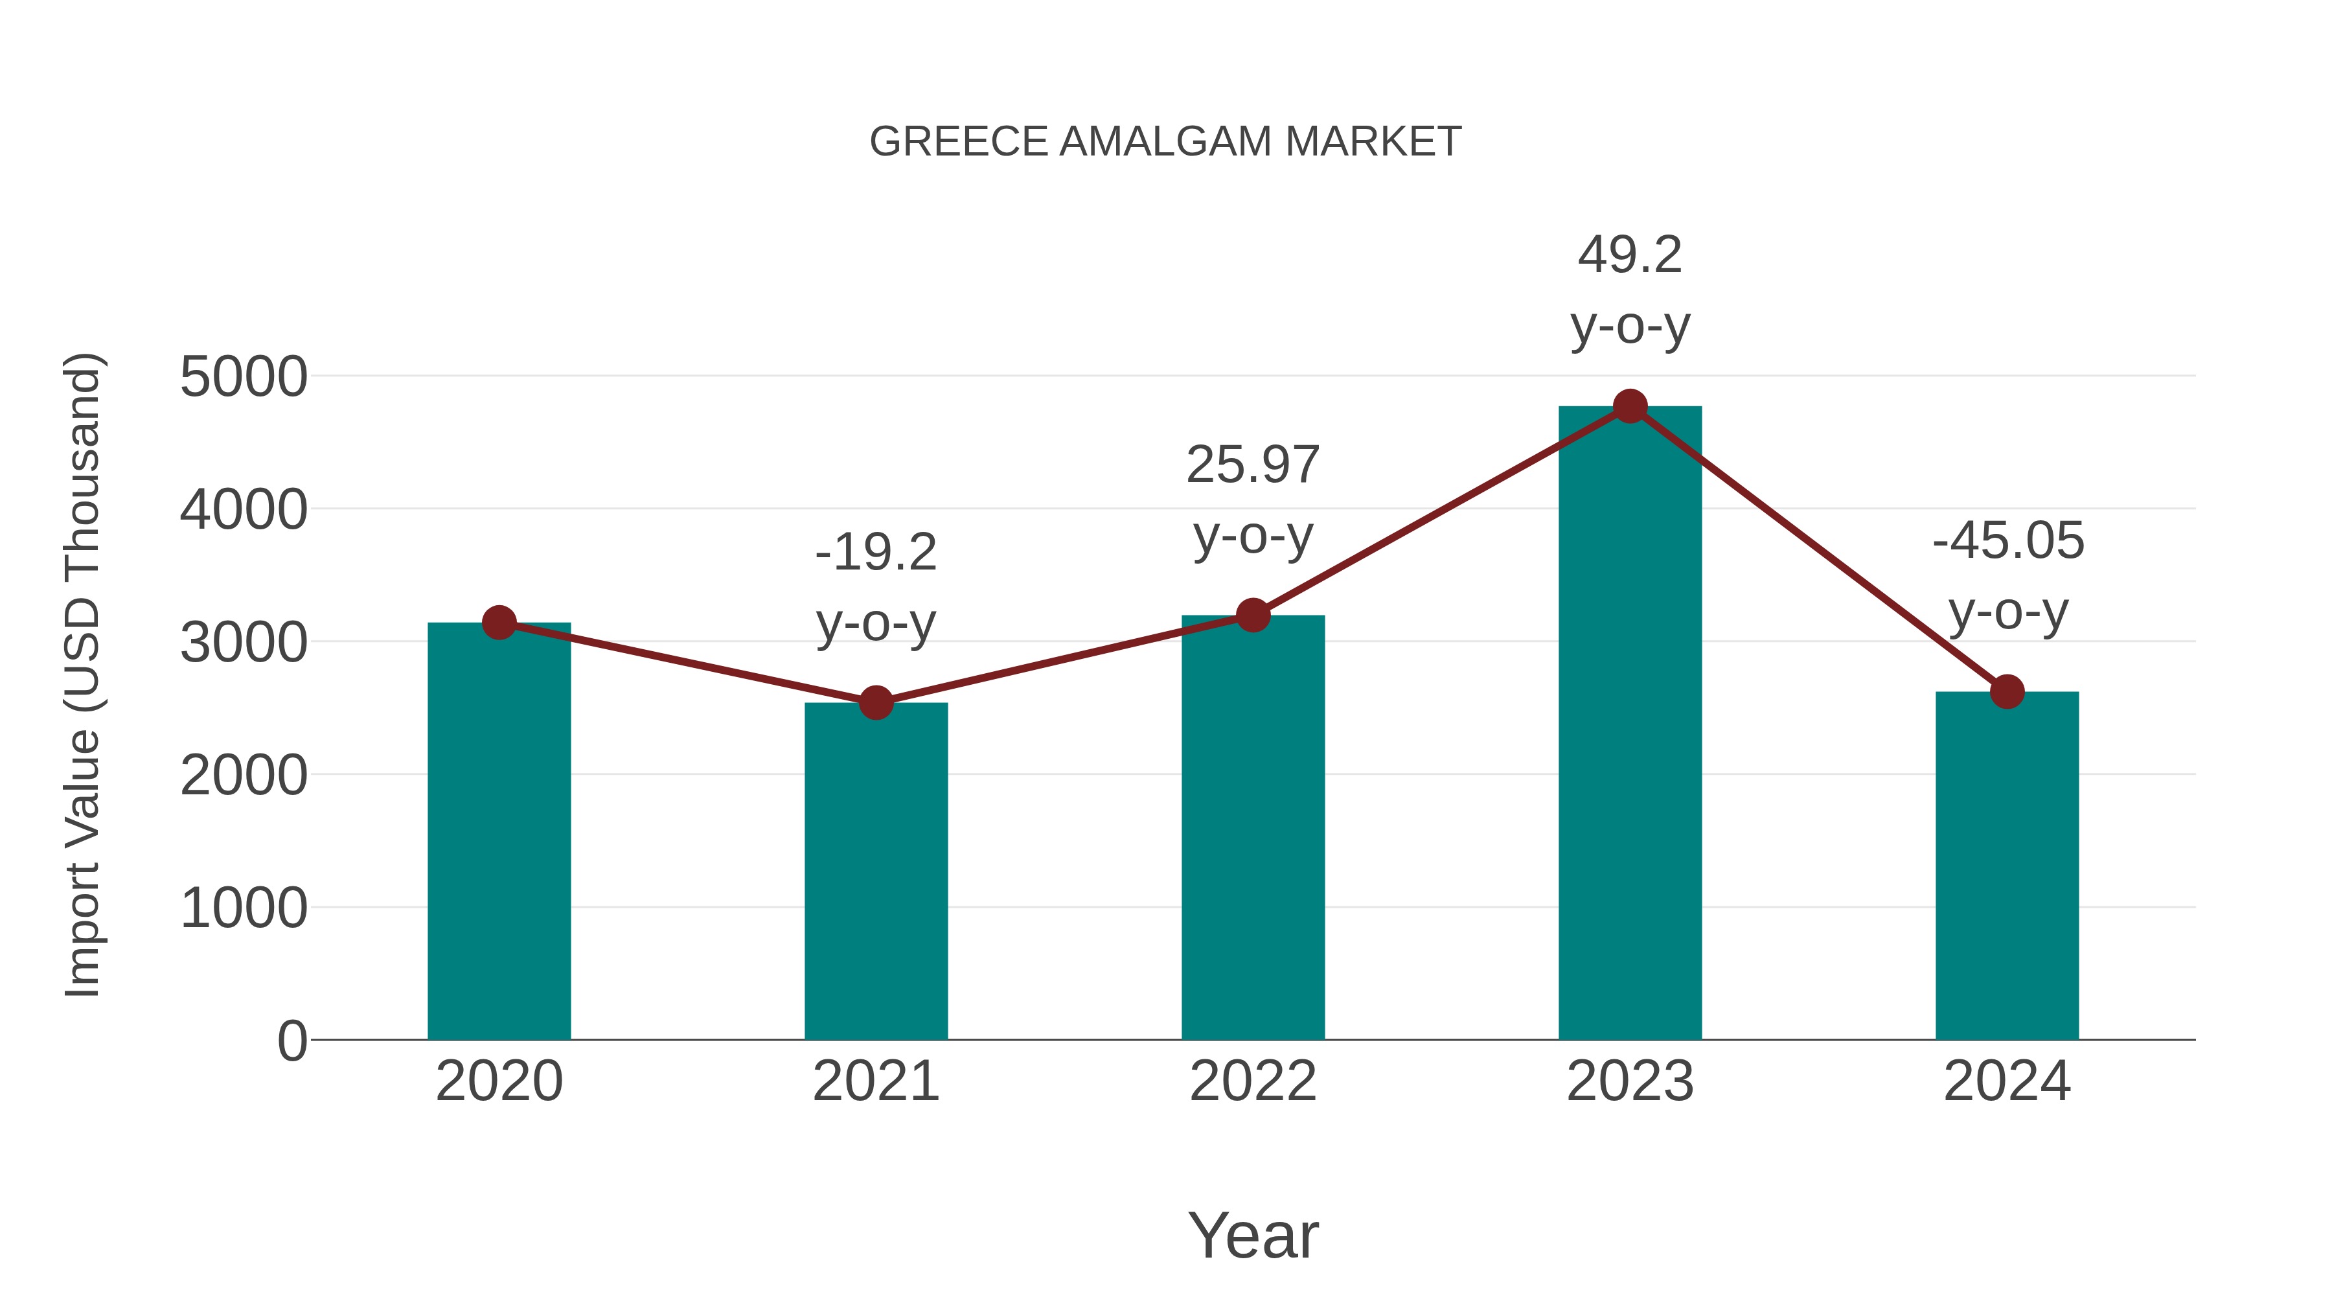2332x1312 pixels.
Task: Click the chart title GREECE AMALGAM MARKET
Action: [x=1165, y=142]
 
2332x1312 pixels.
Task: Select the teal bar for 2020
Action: [x=499, y=833]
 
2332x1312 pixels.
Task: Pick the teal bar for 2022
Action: [x=1252, y=829]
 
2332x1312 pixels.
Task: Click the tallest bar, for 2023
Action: [x=1630, y=724]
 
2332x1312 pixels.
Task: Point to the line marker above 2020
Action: [x=499, y=623]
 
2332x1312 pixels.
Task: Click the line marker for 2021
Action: [x=875, y=702]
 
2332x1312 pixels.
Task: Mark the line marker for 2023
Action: [x=1630, y=406]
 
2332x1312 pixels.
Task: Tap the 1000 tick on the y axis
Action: [x=244, y=908]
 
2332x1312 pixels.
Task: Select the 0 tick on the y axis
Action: [x=292, y=1041]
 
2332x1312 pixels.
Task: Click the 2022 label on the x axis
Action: [x=1253, y=1081]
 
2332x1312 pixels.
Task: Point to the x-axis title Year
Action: [x=1253, y=1235]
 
